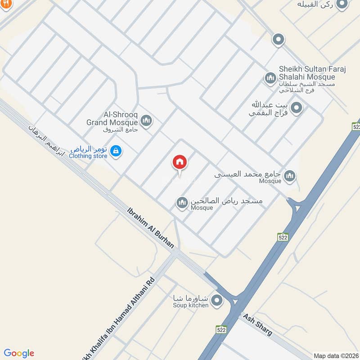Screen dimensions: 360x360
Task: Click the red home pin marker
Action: pyautogui.click(x=179, y=162)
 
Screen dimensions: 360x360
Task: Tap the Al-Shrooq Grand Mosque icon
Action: pyautogui.click(x=146, y=120)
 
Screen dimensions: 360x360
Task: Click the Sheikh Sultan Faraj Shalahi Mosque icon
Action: pyautogui.click(x=270, y=78)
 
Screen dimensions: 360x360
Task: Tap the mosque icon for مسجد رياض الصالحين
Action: pyautogui.click(x=182, y=203)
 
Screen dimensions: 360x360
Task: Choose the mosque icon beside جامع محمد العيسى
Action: pyautogui.click(x=290, y=175)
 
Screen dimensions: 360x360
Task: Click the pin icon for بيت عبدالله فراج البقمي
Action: pyautogui.click(x=296, y=108)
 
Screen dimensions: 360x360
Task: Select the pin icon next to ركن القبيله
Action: pyautogui.click(x=342, y=4)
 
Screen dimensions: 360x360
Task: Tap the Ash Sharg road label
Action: pyautogui.click(x=257, y=325)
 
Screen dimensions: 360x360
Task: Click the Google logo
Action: pyautogui.click(x=19, y=353)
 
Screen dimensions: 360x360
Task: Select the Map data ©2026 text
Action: pyautogui.click(x=335, y=355)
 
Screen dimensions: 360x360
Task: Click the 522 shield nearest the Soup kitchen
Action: pyautogui.click(x=220, y=329)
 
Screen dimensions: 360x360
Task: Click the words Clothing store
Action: pyautogui.click(x=89, y=156)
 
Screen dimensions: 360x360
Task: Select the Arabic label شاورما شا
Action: pyautogui.click(x=191, y=298)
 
